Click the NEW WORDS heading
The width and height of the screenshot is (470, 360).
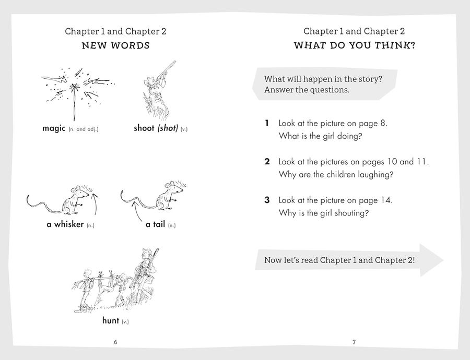116,45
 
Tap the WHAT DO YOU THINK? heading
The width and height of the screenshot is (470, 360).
354,45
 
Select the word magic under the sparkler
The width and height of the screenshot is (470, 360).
54,128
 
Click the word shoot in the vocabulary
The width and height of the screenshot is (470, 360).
144,128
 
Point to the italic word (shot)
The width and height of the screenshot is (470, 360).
168,128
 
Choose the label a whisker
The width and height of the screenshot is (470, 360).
65,224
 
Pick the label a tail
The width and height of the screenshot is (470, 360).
155,224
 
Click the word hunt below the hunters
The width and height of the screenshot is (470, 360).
111,320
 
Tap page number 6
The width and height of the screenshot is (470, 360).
116,342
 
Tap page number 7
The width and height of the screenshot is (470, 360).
354,342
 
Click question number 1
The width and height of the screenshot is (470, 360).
266,123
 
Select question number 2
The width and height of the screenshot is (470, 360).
267,162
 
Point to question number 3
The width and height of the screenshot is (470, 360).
267,200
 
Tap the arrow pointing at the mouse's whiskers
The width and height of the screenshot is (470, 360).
96,203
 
